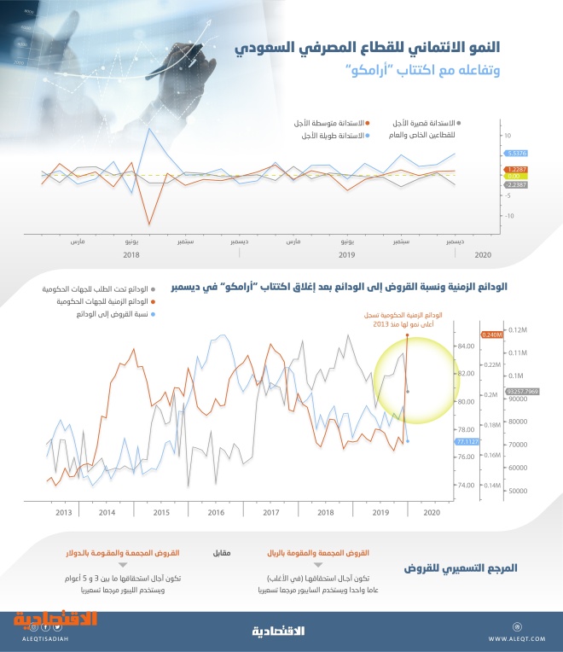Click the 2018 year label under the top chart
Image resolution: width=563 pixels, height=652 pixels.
point(131,255)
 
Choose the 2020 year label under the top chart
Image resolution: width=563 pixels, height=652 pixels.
point(483,255)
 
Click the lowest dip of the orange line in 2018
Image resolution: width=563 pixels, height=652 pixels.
point(149,224)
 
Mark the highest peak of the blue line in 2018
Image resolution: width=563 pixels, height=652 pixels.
point(150,129)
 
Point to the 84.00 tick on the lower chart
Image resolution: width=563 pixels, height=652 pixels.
point(467,346)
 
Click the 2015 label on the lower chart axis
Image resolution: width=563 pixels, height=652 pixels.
point(161,512)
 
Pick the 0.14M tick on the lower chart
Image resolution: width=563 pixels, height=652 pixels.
point(492,485)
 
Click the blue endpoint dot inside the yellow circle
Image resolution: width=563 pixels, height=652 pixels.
point(408,441)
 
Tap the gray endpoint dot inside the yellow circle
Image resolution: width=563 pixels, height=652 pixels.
point(408,391)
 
